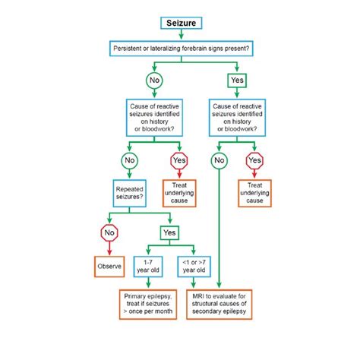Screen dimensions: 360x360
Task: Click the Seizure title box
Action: point(180,24)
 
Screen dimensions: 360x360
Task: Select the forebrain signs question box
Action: point(180,49)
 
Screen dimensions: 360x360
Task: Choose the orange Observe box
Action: point(110,266)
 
